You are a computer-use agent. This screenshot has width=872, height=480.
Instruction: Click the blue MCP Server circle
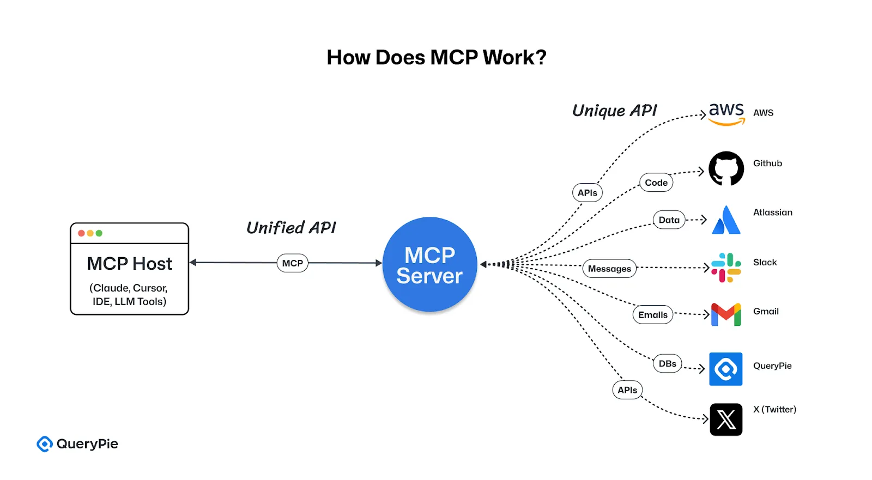pyautogui.click(x=429, y=265)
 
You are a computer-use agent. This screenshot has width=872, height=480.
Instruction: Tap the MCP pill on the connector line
pyautogui.click(x=293, y=263)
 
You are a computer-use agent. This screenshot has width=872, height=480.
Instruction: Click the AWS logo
pyautogui.click(x=726, y=113)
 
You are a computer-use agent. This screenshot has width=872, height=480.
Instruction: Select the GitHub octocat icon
pyautogui.click(x=726, y=168)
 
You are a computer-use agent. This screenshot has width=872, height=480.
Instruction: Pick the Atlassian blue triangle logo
pyautogui.click(x=726, y=220)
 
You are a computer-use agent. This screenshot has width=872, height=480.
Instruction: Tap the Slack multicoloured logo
pyautogui.click(x=726, y=268)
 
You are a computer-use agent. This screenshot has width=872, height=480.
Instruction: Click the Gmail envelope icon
pyautogui.click(x=726, y=314)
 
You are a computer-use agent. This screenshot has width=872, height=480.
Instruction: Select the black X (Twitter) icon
pyautogui.click(x=726, y=420)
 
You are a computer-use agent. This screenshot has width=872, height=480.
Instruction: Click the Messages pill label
pyautogui.click(x=609, y=269)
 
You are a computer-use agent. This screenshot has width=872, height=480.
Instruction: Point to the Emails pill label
pyautogui.click(x=652, y=315)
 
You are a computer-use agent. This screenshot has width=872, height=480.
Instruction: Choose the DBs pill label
pyautogui.click(x=667, y=363)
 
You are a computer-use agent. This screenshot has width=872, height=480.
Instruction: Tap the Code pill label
pyautogui.click(x=656, y=183)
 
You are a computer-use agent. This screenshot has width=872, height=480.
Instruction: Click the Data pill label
pyautogui.click(x=669, y=220)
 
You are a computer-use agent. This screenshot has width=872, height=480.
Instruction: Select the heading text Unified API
pyautogui.click(x=291, y=228)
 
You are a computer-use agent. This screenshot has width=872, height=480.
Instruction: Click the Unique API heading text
pyautogui.click(x=614, y=111)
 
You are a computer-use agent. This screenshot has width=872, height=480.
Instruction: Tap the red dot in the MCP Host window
pyautogui.click(x=81, y=233)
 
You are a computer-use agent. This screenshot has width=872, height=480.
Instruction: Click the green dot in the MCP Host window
pyautogui.click(x=99, y=233)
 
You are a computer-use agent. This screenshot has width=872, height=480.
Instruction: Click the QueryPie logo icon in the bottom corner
pyautogui.click(x=44, y=444)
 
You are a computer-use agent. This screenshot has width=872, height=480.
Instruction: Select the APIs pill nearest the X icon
pyautogui.click(x=627, y=390)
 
